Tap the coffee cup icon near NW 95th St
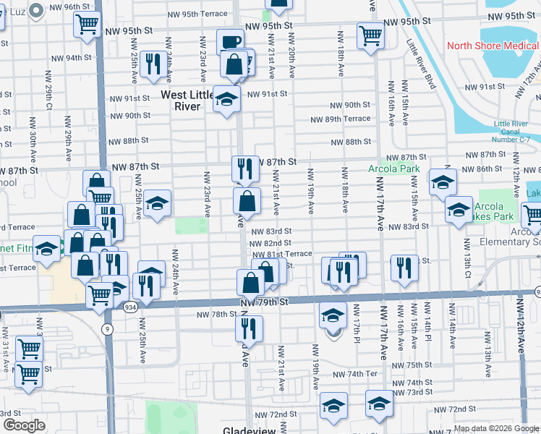click(230, 43)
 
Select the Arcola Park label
click(393, 169)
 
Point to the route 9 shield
click(108, 328)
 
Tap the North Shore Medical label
click(493, 46)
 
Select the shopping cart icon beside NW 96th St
click(87, 25)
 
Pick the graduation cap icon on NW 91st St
click(226, 100)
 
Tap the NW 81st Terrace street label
click(282, 254)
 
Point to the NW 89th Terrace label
click(340, 119)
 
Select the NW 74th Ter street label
click(355, 374)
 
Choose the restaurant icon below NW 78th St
click(248, 329)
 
